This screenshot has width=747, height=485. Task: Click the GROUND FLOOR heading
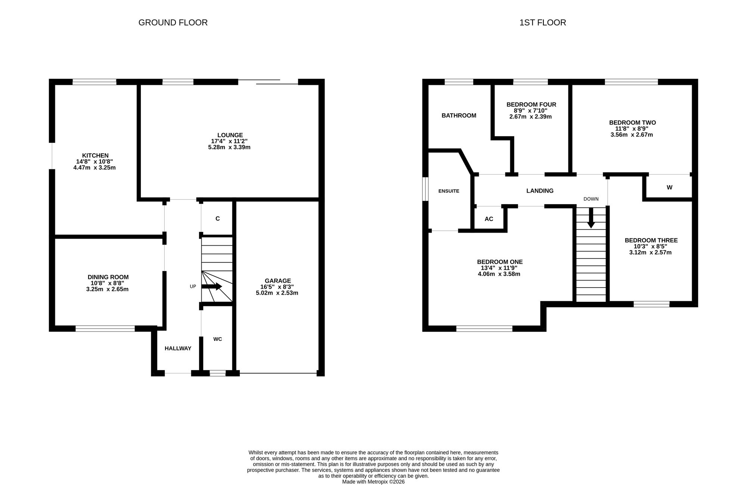[x=173, y=22]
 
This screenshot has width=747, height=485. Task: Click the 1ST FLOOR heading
[x=543, y=22]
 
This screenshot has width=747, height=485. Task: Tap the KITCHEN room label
[x=95, y=156]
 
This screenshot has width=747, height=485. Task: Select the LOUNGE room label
[x=230, y=135]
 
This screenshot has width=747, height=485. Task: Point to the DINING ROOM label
[x=108, y=277]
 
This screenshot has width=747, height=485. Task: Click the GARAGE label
[x=278, y=281]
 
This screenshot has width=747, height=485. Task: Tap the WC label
[x=218, y=339]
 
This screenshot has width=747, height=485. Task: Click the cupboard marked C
[x=218, y=219]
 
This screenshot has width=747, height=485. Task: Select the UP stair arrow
[x=212, y=286]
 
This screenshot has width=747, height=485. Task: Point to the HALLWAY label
[x=178, y=349]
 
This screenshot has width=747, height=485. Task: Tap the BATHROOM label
[x=459, y=116]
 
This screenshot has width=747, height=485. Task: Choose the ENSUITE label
[x=449, y=191]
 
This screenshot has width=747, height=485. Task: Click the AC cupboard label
[x=489, y=219]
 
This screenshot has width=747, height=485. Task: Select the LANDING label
[x=540, y=191]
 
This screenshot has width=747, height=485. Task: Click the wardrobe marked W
[x=670, y=187]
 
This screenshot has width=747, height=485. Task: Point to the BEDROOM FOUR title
[x=531, y=105]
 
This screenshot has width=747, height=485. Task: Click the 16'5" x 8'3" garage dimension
[x=277, y=287]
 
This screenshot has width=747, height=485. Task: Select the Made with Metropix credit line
[x=373, y=482]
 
